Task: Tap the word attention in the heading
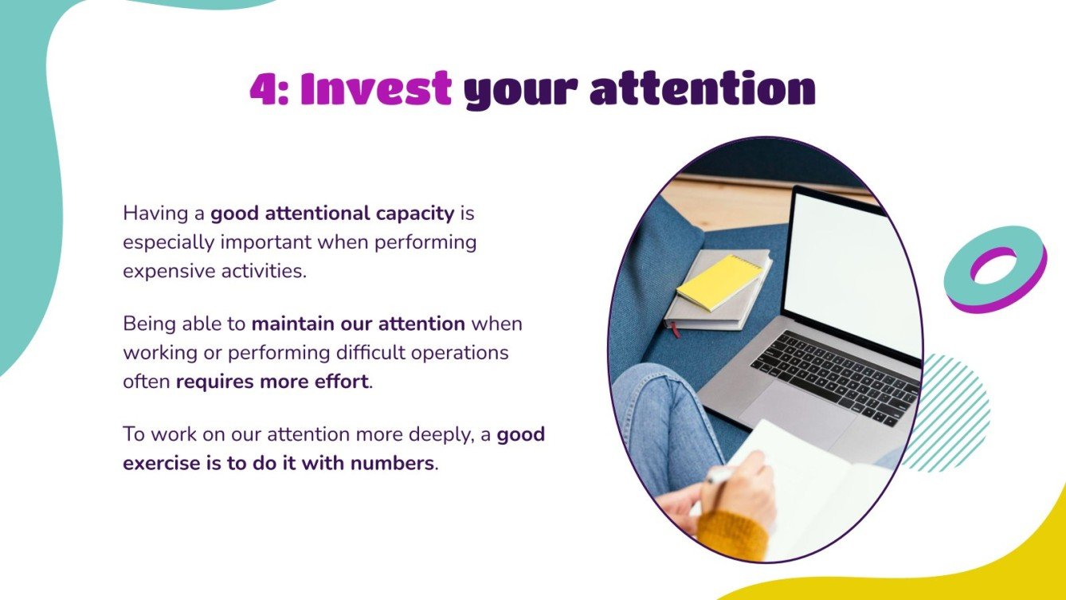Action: pyautogui.click(x=702, y=89)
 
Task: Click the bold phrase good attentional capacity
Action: pyautogui.click(x=332, y=214)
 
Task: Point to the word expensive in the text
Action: pyautogui.click(x=163, y=271)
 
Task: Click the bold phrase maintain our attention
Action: pyautogui.click(x=359, y=324)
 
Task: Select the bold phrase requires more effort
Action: pyautogui.click(x=272, y=382)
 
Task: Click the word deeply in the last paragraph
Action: pyautogui.click(x=451, y=435)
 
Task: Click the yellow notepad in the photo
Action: pyautogui.click(x=719, y=281)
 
